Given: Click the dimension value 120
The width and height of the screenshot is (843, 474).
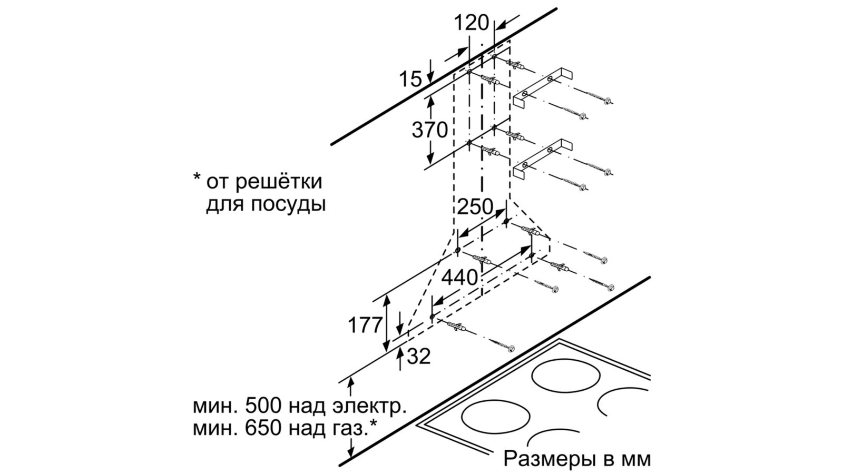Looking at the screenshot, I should (x=471, y=23).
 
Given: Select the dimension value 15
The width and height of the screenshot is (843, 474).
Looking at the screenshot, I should (x=410, y=79).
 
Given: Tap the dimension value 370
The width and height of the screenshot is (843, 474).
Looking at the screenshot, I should (x=429, y=130).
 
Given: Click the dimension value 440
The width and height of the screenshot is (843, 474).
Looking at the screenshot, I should (x=459, y=277).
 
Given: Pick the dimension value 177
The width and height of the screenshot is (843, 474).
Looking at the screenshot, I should (x=364, y=325).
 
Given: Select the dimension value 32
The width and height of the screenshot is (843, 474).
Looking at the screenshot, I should (x=419, y=357).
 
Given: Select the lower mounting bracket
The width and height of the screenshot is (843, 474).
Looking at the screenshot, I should (x=543, y=158).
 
